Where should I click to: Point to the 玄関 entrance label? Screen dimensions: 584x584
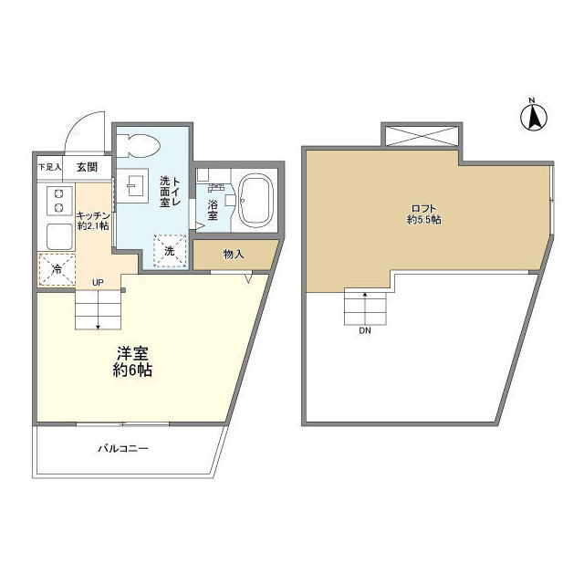point(87,167)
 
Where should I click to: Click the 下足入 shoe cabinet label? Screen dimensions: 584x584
point(49,168)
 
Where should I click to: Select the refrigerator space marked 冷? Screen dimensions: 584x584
point(55,270)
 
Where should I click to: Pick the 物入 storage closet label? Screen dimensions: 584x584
point(234,255)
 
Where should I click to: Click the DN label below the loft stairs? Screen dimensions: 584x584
point(364,331)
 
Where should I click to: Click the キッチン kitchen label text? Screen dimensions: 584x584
point(94,214)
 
